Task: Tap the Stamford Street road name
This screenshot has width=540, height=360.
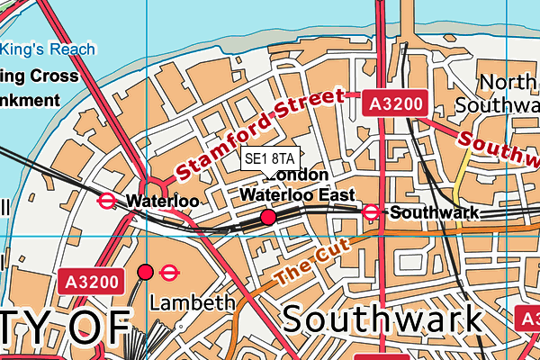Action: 259,134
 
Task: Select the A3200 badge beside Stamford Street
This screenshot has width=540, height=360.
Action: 393,104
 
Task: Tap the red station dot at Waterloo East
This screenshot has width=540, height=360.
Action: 267,218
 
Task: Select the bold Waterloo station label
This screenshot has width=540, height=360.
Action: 162,202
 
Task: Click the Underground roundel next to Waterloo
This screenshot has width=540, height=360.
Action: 107,202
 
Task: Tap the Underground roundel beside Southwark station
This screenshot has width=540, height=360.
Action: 371,212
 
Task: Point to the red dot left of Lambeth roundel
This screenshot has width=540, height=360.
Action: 145,272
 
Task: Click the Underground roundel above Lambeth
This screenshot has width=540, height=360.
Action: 169,272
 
